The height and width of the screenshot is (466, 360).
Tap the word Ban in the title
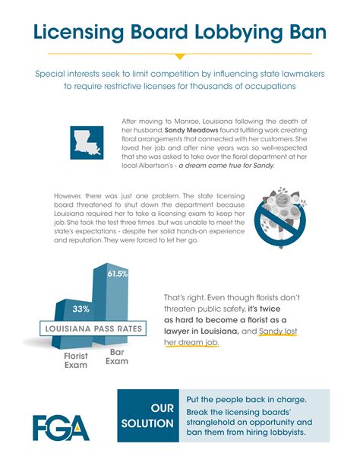(307, 33)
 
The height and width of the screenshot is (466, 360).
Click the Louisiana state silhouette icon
(90, 142)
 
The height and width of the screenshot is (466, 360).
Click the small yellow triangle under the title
(180, 56)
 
